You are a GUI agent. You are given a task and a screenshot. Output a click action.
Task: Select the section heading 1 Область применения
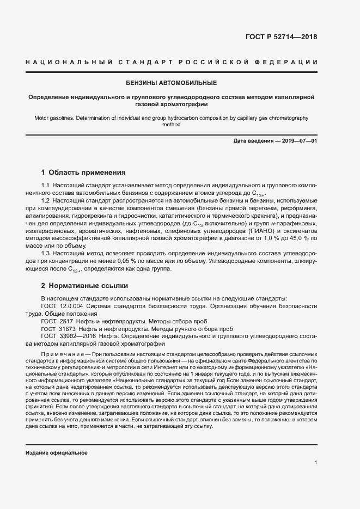tap(83, 173)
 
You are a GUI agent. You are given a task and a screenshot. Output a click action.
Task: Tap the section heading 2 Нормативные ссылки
tap(85, 285)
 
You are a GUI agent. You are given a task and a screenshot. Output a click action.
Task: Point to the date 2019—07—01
tap(297, 141)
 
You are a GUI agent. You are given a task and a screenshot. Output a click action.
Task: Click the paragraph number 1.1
tap(46, 186)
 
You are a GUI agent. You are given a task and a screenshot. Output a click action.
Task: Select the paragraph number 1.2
tap(46, 201)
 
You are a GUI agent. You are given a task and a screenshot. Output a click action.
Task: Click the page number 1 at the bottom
tap(316, 463)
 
